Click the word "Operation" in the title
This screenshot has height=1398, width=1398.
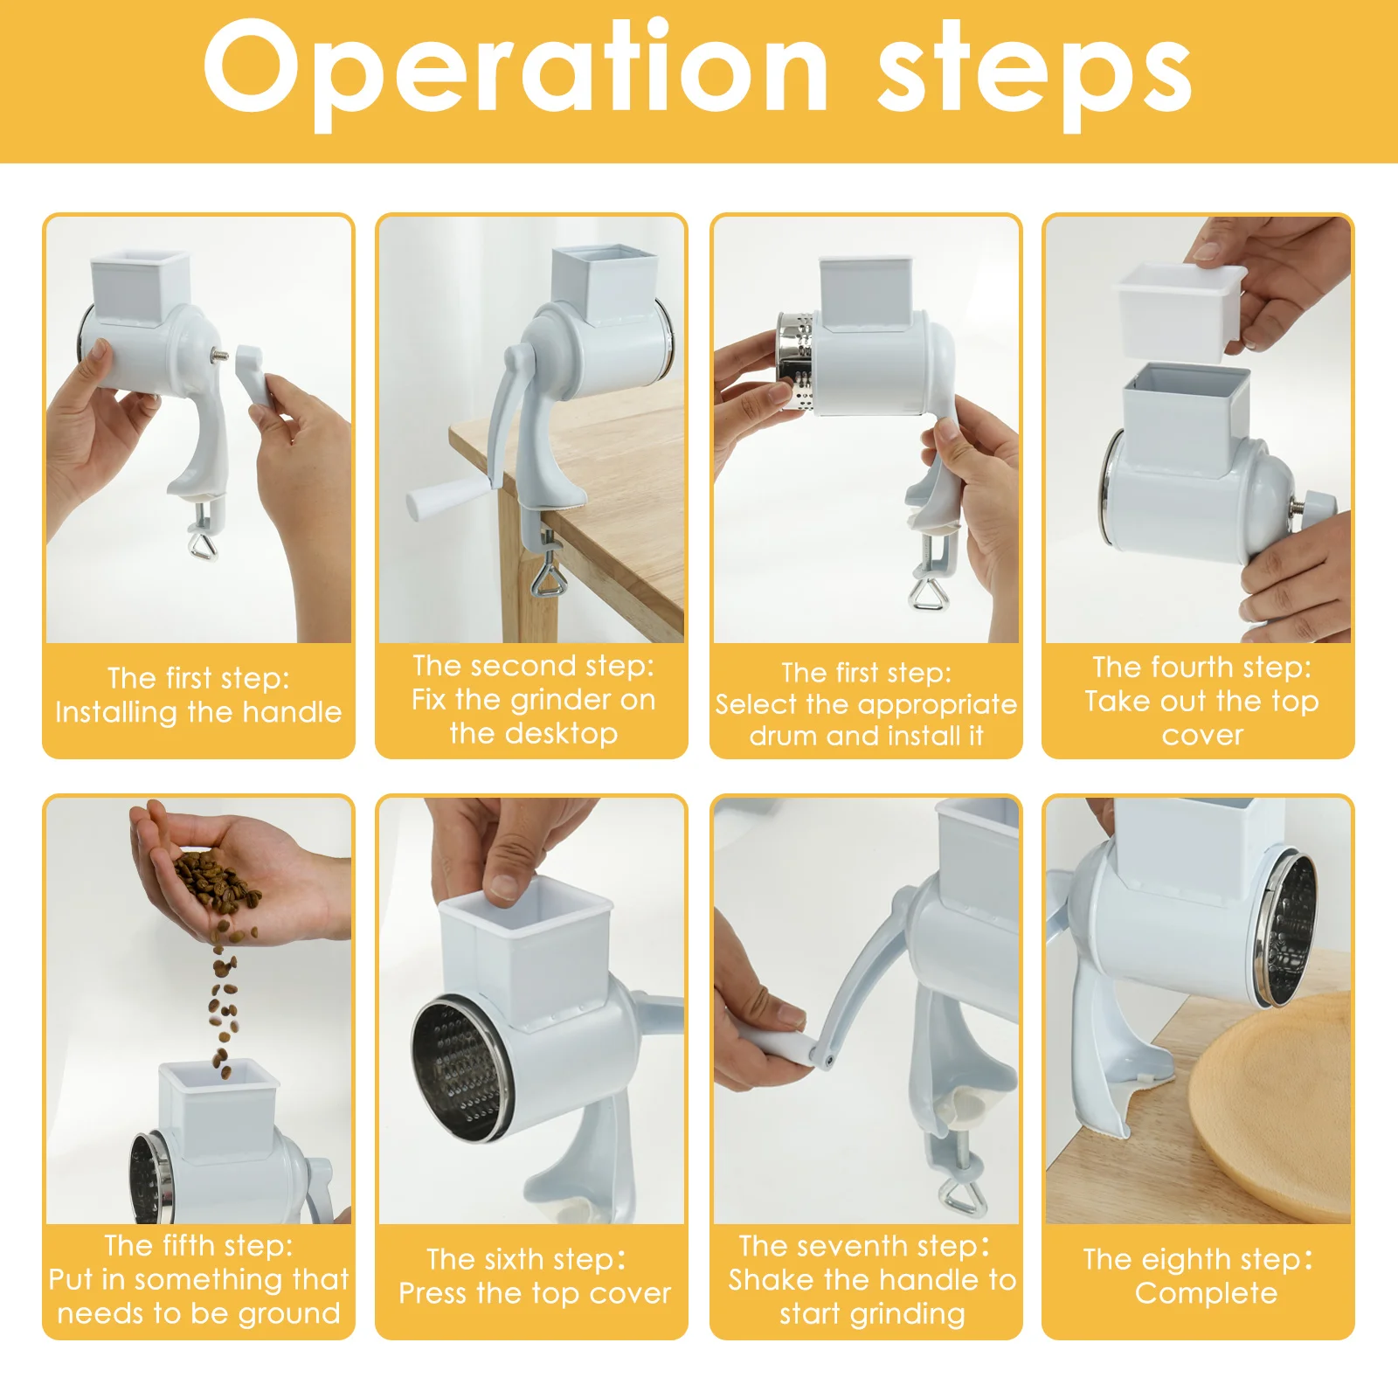point(516,72)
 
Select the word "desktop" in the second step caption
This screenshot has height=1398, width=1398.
point(534,734)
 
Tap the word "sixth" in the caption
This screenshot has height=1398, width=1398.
point(514,1260)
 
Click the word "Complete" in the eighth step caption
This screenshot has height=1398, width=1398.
point(1206,1293)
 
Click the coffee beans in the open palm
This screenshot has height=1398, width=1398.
point(217,883)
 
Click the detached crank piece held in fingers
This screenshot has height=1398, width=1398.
point(254,375)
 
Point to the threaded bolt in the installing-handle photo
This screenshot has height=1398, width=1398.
point(221,356)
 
